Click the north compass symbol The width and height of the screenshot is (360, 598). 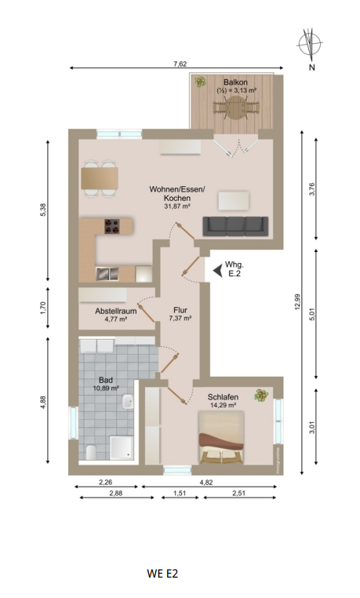311,44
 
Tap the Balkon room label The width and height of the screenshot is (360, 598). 235,82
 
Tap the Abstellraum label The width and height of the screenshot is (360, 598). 116,311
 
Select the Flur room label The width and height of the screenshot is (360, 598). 181,308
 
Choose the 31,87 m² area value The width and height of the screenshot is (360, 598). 178,206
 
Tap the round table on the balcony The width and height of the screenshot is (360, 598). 236,111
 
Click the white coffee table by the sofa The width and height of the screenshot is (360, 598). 234,201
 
